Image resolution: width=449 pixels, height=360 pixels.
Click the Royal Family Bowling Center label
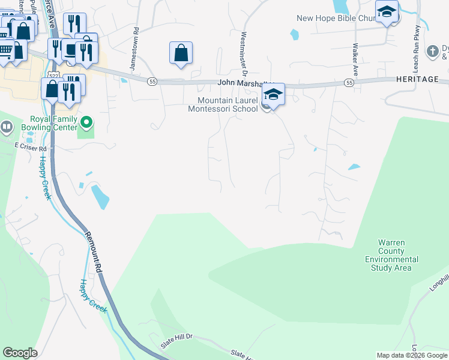click(50, 123)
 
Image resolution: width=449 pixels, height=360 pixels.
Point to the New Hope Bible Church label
click(336, 17)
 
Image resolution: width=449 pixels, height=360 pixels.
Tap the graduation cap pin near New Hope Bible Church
click(387, 11)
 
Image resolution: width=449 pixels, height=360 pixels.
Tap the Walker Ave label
click(355, 58)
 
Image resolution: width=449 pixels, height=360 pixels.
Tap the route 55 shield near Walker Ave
click(348, 82)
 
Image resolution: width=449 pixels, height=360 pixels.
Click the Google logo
click(20, 353)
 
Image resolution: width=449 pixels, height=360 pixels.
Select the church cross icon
click(432, 51)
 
